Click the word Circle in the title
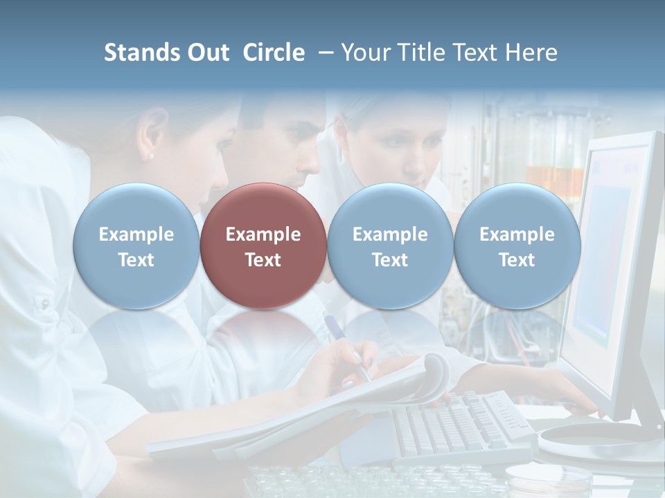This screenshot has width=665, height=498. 274,53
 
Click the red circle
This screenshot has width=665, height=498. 263,246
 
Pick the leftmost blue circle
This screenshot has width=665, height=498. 136,246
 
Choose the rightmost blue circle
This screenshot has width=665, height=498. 517,246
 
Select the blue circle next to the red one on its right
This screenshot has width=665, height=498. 390,246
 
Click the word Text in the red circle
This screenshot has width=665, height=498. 263,260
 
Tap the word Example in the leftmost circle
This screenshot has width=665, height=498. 136,234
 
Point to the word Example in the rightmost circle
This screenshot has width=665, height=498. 517,234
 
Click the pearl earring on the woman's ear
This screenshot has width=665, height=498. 151,156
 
